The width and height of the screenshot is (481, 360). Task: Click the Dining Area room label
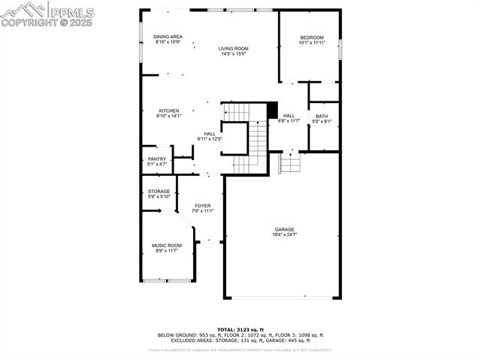(168, 37)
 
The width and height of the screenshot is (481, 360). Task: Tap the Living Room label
(233, 48)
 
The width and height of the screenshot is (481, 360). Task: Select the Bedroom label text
(312, 38)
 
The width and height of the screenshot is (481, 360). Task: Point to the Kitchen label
(168, 110)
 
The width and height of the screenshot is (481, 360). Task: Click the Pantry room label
(157, 159)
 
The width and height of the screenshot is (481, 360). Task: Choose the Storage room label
(159, 192)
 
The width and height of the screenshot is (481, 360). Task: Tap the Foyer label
(203, 205)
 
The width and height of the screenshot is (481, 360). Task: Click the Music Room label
(168, 245)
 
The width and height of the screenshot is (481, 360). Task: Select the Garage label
(284, 229)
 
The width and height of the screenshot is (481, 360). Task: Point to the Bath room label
(322, 116)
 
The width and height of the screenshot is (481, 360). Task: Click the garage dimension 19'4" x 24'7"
(284, 235)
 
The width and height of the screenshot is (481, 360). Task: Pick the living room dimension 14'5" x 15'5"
(234, 53)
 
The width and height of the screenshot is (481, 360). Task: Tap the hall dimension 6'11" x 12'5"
(210, 139)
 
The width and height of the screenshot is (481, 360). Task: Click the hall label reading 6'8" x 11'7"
(289, 121)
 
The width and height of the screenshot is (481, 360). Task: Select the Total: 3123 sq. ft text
(240, 329)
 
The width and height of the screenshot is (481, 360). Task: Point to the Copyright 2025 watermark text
(48, 23)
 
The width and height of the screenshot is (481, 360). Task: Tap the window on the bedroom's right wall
(341, 49)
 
